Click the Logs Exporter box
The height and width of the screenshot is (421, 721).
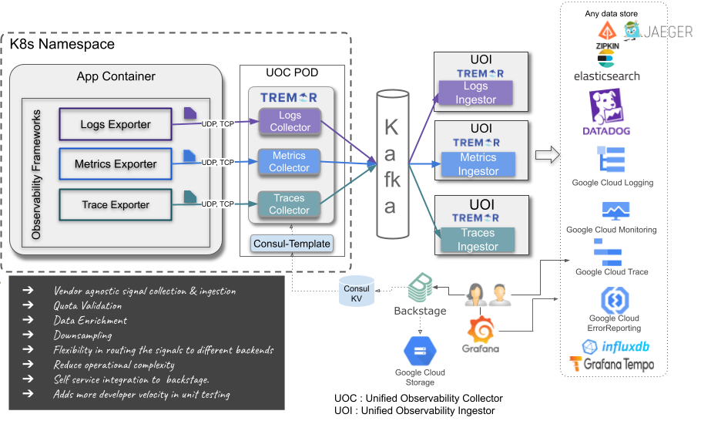coord(116,124)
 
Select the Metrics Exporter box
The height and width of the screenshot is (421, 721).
coord(116,163)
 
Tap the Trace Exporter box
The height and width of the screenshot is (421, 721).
coord(116,205)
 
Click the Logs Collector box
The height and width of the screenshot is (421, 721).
coord(290,121)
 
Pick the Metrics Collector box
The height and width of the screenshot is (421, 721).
coord(289,162)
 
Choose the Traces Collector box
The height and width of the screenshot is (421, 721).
coord(289,204)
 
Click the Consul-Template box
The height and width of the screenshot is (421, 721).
coord(292,244)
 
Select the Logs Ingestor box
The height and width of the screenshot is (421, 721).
coord(476,93)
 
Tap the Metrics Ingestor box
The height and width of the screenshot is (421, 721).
coord(478,164)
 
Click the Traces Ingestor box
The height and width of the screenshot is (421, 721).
coord(478,240)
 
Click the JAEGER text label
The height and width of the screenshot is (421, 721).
coord(669,32)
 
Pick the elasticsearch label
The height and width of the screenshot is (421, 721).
coord(607,76)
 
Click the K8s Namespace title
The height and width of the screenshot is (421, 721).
coord(62,44)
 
